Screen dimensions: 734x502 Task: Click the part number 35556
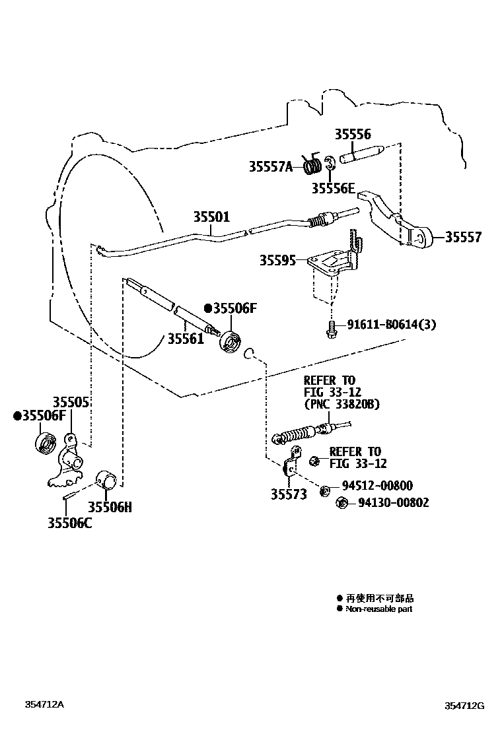[352, 134]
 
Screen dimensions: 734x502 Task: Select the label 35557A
[270, 166]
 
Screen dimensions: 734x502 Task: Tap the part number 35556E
[334, 189]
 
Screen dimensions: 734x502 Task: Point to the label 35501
[211, 217]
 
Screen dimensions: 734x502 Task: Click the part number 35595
[277, 261]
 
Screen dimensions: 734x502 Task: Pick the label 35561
[186, 339]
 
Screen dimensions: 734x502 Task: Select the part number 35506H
[110, 507]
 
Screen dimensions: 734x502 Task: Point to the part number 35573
[289, 494]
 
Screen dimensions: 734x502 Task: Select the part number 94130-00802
[393, 502]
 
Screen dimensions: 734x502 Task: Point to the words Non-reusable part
[378, 609]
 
